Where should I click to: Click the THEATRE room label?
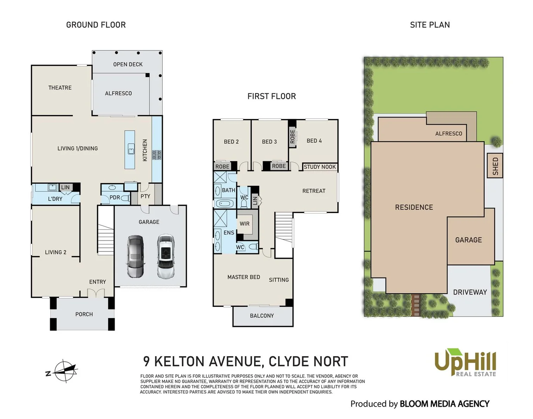tap(60, 88)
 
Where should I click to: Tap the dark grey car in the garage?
tap(136, 256)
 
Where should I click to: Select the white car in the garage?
tap(166, 256)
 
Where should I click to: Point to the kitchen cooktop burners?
tap(157, 154)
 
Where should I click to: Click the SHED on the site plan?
tap(495, 166)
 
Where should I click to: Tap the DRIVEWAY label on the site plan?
tap(470, 292)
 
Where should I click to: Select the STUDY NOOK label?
tap(320, 167)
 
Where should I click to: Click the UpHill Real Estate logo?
tap(465, 362)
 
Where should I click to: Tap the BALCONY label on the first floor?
tap(262, 316)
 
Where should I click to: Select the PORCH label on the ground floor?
tap(84, 314)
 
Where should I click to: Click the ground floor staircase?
tap(106, 231)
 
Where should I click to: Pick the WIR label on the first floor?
tap(244, 224)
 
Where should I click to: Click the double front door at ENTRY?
tap(96, 293)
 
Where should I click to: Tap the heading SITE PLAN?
tap(430, 25)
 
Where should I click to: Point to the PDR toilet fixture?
tap(126, 198)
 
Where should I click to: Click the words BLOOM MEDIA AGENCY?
tap(444, 404)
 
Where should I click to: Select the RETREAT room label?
tap(314, 191)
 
